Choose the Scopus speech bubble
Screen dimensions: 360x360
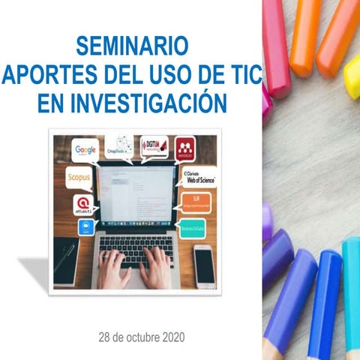[79, 179]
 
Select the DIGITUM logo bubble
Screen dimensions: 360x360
[154, 145]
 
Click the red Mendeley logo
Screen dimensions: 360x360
[185, 146]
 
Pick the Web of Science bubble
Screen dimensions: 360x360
[199, 177]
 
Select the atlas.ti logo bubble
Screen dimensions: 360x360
[83, 204]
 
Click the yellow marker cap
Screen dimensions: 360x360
[352, 75]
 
